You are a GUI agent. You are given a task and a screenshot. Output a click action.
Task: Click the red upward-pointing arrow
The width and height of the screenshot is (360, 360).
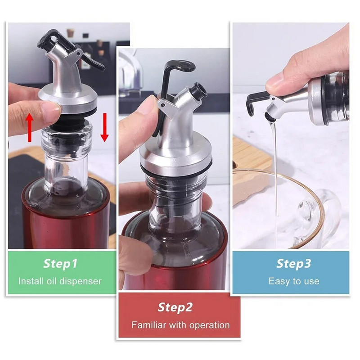point(30,128)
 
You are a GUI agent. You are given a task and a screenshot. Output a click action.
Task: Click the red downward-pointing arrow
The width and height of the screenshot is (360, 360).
point(105,127)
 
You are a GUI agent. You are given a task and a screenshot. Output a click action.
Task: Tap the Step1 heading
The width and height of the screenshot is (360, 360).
point(60,264)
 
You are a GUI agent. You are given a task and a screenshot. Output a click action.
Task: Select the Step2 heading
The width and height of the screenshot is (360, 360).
point(175,307)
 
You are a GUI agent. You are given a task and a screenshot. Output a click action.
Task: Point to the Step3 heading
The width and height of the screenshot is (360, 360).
point(294,264)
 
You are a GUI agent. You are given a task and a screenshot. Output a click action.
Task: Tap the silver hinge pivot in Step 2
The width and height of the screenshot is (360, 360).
point(163,105)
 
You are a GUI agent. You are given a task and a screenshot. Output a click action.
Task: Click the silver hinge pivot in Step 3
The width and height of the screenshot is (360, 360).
point(273,99)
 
